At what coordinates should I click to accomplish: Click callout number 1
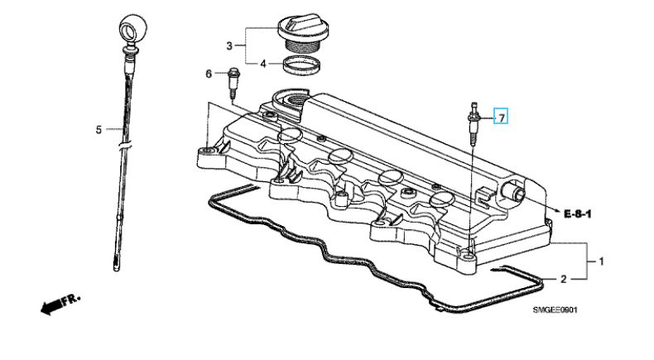601,262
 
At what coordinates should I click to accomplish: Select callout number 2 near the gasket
563,279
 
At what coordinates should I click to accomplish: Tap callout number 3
229,46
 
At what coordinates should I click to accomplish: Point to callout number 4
262,64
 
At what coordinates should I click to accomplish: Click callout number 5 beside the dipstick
99,130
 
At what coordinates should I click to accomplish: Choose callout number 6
209,74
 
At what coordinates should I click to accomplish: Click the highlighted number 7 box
501,118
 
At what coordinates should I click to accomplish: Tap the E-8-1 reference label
578,214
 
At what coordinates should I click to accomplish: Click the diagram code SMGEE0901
555,310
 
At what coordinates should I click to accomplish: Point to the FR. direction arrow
60,305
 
